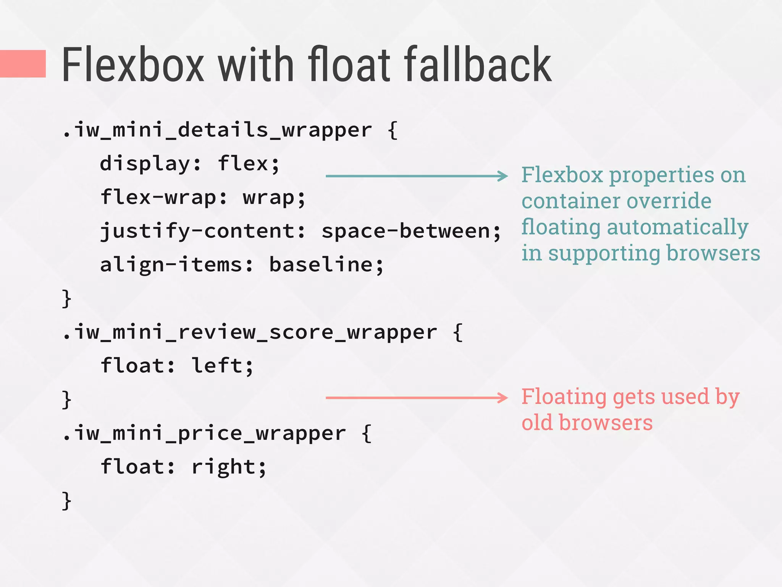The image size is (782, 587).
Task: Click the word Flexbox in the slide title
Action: tap(133, 65)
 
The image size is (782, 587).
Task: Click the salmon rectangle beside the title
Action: tap(23, 64)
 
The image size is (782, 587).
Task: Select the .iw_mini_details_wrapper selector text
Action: tap(217, 130)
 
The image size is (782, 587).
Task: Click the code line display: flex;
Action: tap(190, 164)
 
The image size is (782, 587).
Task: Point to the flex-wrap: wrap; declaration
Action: tap(203, 198)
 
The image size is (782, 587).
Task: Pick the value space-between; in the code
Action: tap(411, 231)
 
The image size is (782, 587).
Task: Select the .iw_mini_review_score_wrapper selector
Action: tap(250, 332)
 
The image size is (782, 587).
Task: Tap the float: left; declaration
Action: tap(177, 366)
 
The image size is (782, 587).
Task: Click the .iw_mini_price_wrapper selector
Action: tap(204, 433)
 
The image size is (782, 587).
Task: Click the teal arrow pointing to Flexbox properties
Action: tap(416, 176)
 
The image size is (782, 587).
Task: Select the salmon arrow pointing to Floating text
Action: tap(416, 398)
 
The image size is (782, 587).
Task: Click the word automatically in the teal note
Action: tap(677, 227)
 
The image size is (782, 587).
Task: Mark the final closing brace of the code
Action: tap(66, 501)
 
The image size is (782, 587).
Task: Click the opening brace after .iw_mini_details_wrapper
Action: tap(393, 130)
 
